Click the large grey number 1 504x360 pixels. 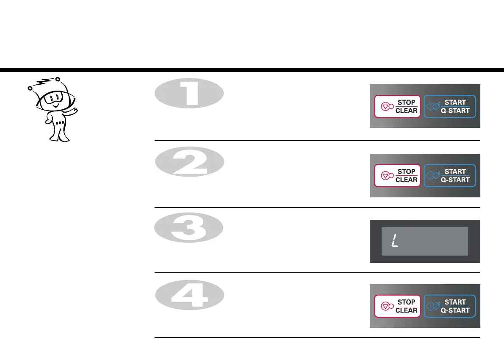coord(189,94)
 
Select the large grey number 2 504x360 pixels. coord(189,162)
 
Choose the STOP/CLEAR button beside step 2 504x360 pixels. coord(397,176)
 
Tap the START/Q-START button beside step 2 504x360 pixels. coord(450,176)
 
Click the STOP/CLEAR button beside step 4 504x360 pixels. coord(397,306)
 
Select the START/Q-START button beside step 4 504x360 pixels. coord(450,306)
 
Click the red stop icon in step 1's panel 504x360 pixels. coord(385,107)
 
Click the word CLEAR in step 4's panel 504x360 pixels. coord(407,310)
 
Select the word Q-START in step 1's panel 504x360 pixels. coord(455,111)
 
